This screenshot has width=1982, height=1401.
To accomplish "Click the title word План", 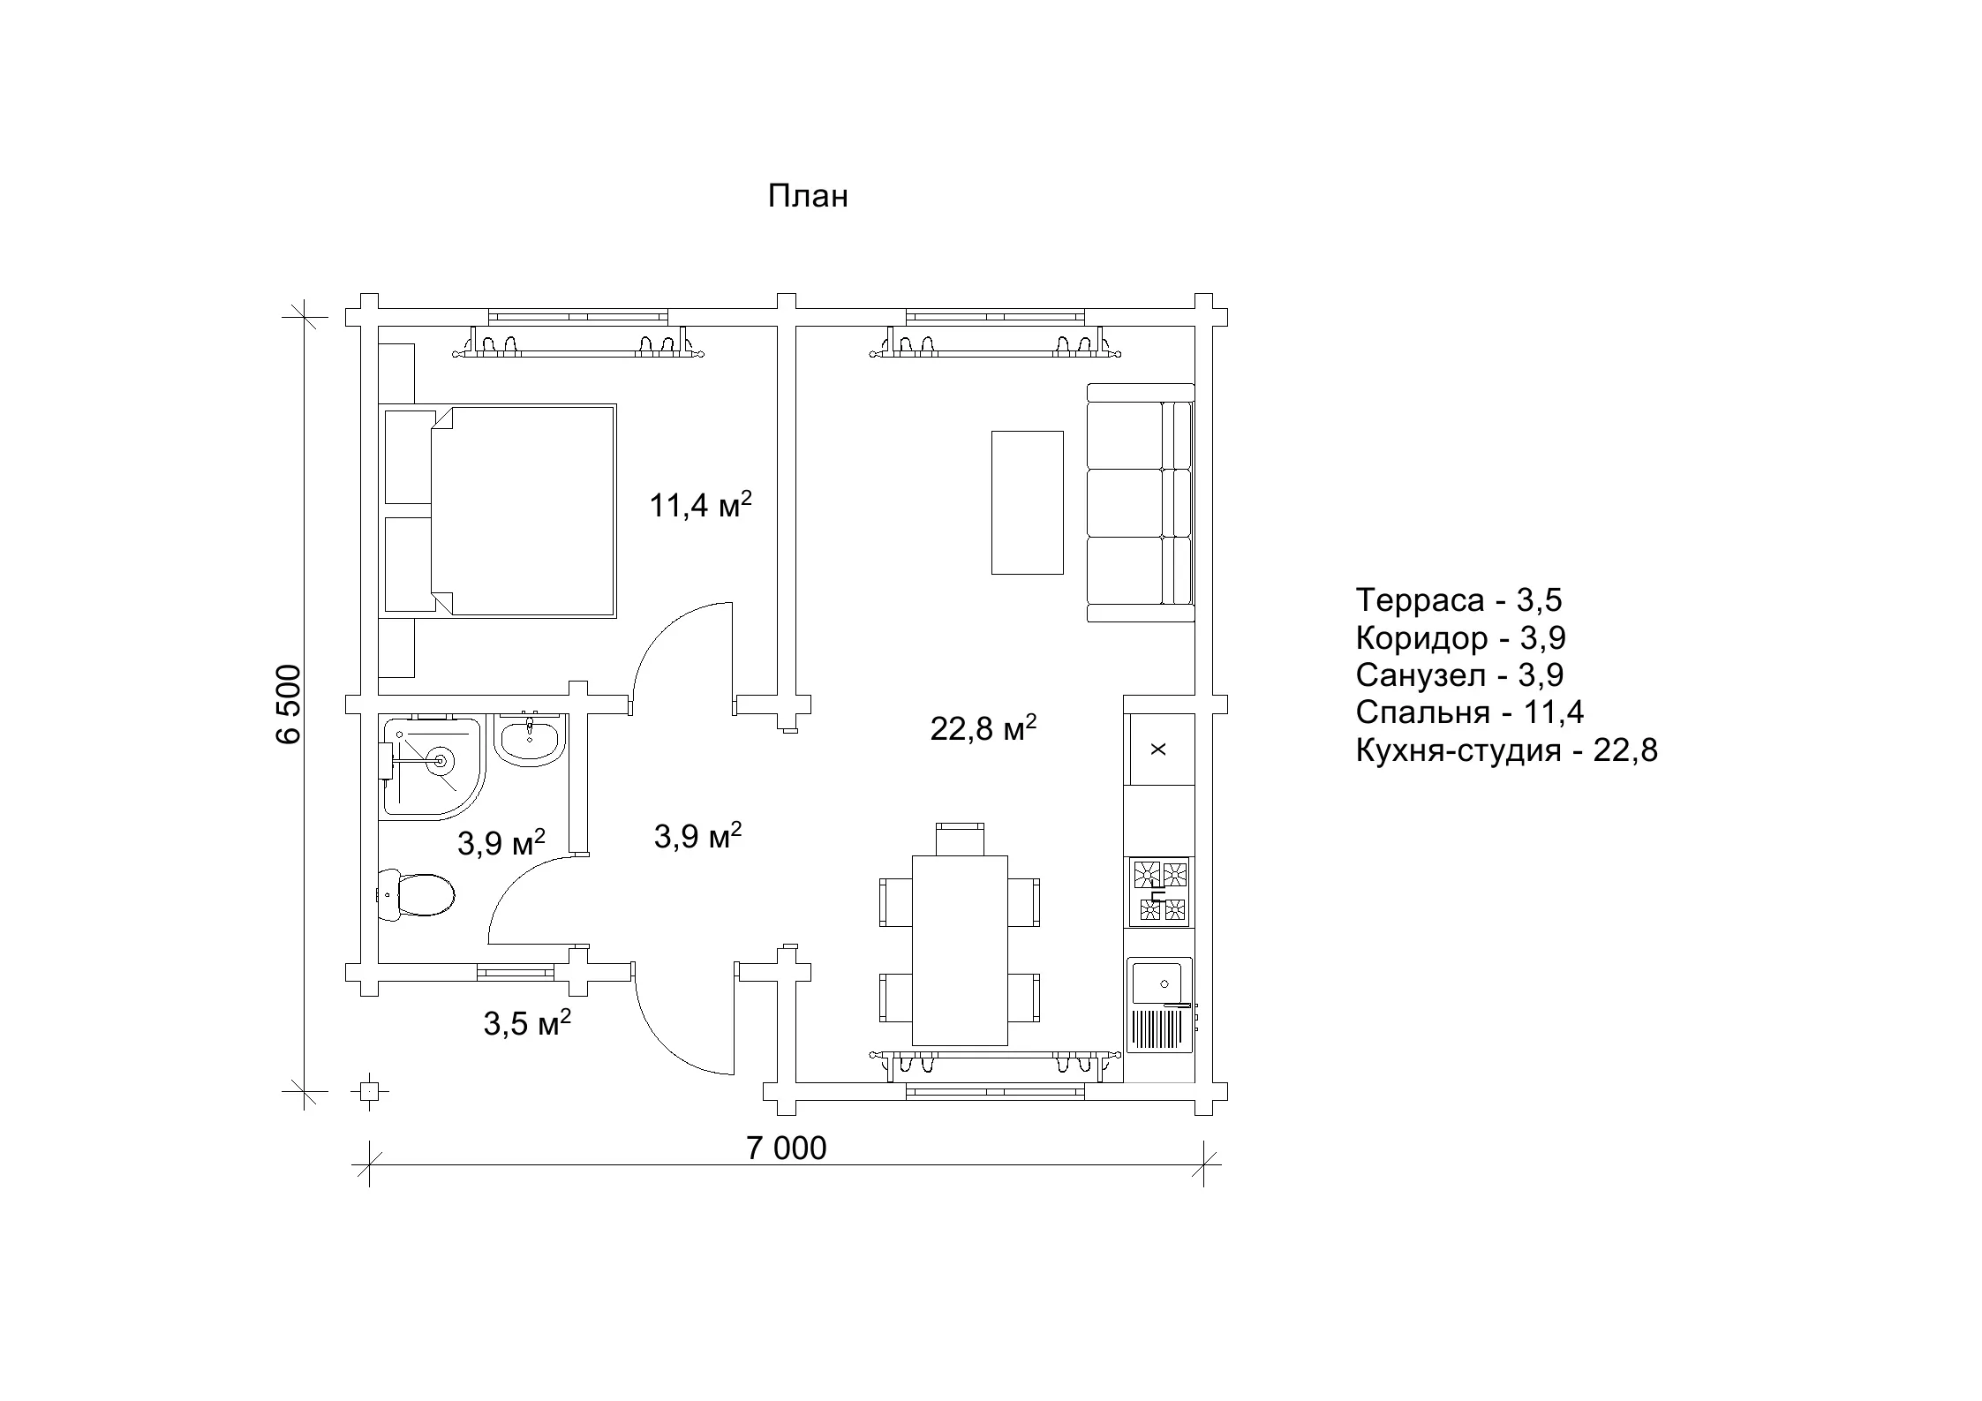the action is (x=808, y=196).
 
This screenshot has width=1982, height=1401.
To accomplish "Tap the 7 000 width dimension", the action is (x=787, y=1149).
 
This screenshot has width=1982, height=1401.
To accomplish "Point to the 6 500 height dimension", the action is (x=290, y=704).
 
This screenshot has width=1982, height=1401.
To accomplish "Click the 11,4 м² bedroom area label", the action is (x=700, y=506).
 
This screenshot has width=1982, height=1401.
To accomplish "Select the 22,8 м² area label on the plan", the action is (x=983, y=728).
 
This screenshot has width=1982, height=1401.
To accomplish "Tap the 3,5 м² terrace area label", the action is (x=527, y=1023).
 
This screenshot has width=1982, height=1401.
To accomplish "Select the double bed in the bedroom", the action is (x=499, y=509).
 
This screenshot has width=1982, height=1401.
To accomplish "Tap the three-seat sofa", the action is (x=1141, y=503).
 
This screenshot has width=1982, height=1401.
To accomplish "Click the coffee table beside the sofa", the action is (x=1027, y=502).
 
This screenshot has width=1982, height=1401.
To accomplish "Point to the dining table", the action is (x=960, y=950).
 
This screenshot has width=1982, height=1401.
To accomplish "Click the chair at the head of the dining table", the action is (x=960, y=839).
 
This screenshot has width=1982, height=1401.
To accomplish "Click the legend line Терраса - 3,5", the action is (x=1459, y=599).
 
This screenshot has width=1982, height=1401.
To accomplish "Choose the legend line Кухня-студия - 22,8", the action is (x=1507, y=750).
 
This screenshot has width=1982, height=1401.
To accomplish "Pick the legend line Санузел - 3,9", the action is (x=1460, y=675).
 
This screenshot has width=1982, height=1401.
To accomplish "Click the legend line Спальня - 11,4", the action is (x=1470, y=712).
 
